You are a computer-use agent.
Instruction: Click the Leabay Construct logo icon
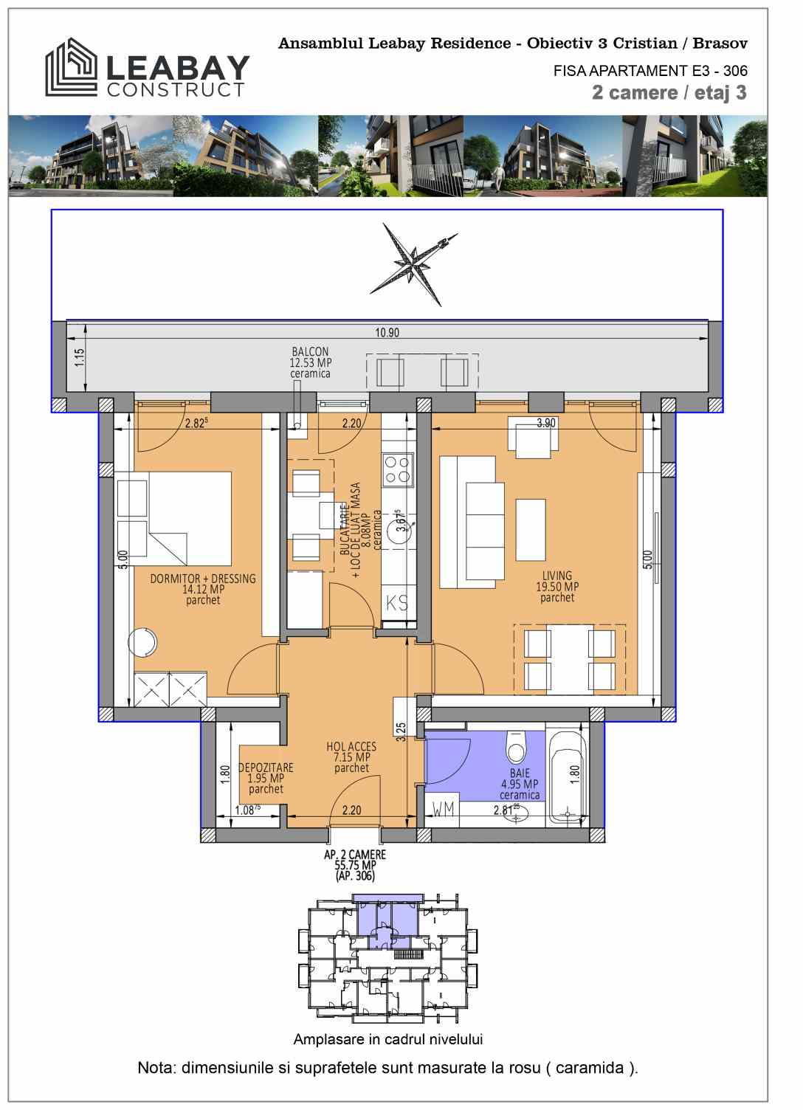tap(72, 67)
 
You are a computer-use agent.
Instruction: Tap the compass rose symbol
tap(413, 264)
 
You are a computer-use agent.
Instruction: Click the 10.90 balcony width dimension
tap(387, 332)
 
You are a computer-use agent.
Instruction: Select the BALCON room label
tap(310, 351)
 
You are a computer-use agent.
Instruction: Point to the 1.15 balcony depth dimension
tap(80, 357)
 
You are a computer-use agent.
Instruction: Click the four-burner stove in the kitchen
tap(398, 470)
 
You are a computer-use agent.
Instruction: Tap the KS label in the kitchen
tap(397, 602)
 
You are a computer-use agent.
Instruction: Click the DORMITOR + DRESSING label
tap(203, 579)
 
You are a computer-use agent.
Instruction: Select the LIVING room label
tap(557, 576)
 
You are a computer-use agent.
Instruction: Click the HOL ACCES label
tap(351, 746)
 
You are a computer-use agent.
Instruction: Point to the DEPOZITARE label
tap(266, 768)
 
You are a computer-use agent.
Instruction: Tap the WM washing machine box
tap(442, 809)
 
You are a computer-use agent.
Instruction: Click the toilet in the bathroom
tap(517, 748)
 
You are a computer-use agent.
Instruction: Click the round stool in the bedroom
tap(142, 642)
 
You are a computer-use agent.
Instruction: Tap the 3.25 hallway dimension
tap(401, 731)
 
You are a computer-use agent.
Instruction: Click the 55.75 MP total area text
tap(356, 865)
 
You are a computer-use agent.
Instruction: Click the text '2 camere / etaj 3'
tap(669, 93)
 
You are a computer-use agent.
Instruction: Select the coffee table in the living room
tap(531, 530)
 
